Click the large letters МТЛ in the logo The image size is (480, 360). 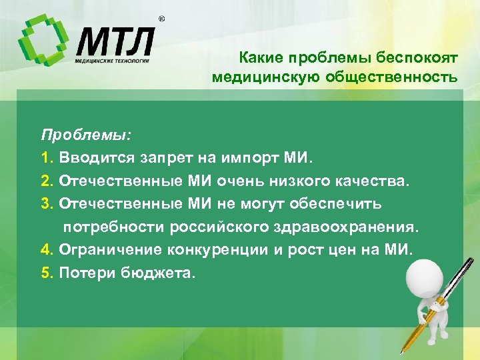click(x=115, y=42)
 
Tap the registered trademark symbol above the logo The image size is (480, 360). click(x=161, y=19)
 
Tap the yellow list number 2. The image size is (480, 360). click(x=46, y=181)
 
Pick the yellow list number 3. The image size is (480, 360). click(x=46, y=203)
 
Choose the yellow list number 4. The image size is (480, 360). click(x=46, y=249)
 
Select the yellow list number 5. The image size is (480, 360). click(x=46, y=272)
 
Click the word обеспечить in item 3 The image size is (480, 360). click(x=342, y=203)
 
